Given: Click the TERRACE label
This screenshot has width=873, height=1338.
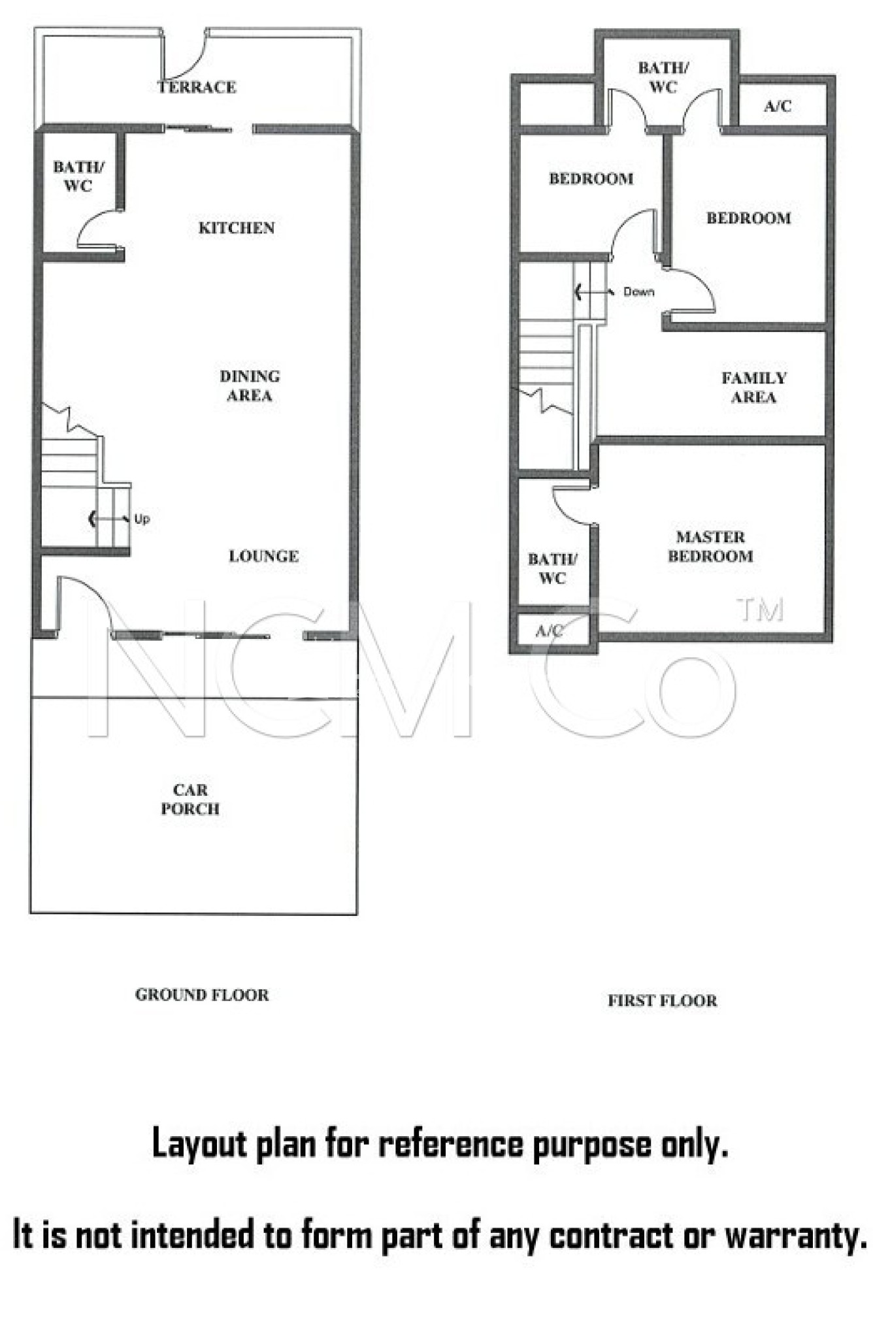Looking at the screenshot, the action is (x=197, y=87).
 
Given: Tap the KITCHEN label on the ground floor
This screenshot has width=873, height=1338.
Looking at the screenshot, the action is (x=237, y=228).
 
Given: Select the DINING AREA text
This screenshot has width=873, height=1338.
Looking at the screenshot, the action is (x=250, y=385).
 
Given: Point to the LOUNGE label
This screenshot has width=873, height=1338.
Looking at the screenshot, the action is (x=264, y=556).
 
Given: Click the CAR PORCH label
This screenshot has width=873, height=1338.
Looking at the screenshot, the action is (x=190, y=799).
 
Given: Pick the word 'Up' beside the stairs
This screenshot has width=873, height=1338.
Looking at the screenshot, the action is (x=142, y=519).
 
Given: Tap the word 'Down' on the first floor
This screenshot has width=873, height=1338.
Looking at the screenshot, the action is (x=638, y=292).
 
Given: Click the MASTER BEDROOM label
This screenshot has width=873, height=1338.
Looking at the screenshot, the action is (x=710, y=547).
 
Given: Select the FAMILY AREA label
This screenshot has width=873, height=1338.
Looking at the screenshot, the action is (x=754, y=387).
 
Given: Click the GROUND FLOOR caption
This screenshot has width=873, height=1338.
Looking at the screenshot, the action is (x=202, y=995).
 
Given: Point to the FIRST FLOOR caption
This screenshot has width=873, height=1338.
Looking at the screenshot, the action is (x=662, y=1001).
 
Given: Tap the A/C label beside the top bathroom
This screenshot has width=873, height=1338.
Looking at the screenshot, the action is (x=778, y=106).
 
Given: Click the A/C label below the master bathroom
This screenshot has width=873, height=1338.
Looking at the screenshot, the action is (x=550, y=631).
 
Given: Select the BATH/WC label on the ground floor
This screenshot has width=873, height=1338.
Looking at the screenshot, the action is (x=78, y=176).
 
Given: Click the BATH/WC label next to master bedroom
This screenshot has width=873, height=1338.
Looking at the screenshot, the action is (x=553, y=568).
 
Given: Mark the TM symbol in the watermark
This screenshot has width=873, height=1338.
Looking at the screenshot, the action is (x=761, y=610).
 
